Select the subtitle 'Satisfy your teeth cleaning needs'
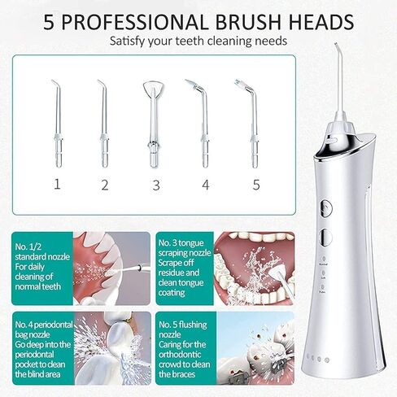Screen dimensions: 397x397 click(198, 38)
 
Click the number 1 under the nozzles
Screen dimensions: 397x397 click(57, 184)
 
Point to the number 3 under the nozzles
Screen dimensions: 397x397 click(156, 184)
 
